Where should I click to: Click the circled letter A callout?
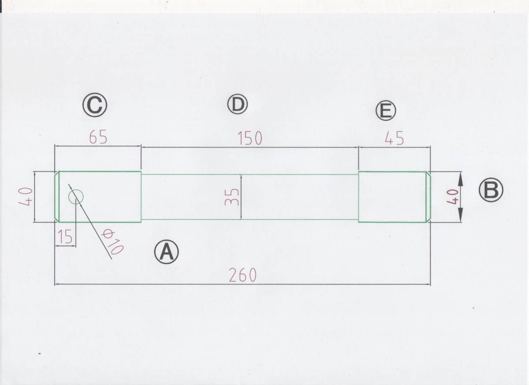click(x=166, y=253)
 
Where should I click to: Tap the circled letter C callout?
click(x=95, y=105)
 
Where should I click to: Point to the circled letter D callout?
click(x=237, y=104)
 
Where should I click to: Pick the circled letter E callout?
click(x=386, y=111)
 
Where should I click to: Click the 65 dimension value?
click(x=98, y=138)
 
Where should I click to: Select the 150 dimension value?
click(x=250, y=138)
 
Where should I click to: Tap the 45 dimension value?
click(x=394, y=139)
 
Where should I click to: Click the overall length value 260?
click(x=242, y=276)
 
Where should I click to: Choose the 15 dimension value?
click(x=65, y=238)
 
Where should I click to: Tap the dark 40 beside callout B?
click(x=452, y=197)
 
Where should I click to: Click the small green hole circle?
click(x=76, y=197)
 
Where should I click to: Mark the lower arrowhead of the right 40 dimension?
click(x=460, y=217)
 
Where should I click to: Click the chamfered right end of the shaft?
click(x=428, y=197)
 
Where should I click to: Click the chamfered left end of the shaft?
click(x=56, y=197)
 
